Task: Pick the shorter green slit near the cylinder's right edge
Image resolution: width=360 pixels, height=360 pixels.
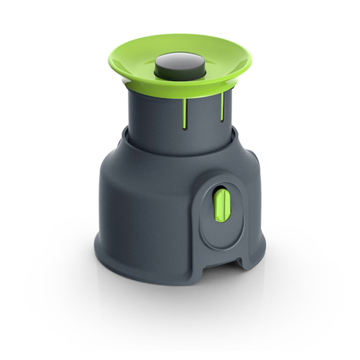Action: click(222, 105)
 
